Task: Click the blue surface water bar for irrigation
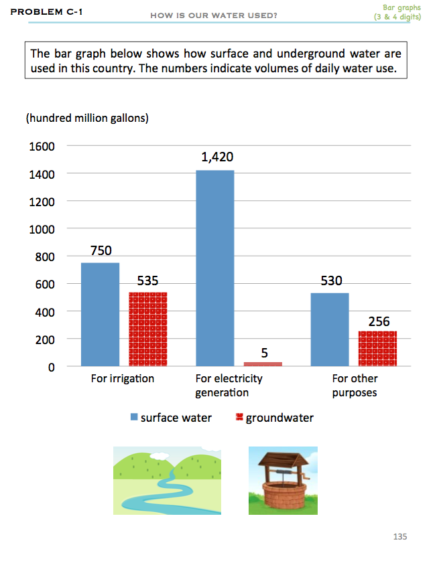(100, 315)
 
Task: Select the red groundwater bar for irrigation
(147, 329)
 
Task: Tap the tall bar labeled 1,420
(215, 268)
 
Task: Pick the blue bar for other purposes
(330, 329)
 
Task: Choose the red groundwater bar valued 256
(377, 349)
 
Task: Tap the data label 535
(148, 280)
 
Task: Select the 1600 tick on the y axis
(42, 147)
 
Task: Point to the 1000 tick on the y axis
(42, 230)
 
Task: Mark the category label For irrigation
(123, 379)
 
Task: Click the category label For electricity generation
(229, 385)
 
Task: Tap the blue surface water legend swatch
(134, 418)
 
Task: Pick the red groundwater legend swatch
(239, 418)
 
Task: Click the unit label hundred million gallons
(86, 118)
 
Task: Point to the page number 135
(400, 536)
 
